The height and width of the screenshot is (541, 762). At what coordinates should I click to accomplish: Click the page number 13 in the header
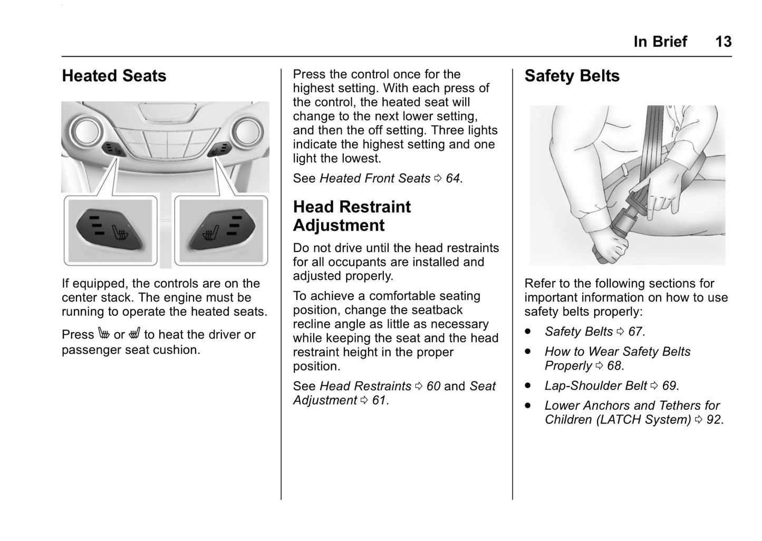(x=723, y=42)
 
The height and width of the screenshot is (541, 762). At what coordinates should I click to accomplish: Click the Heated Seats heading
(x=114, y=76)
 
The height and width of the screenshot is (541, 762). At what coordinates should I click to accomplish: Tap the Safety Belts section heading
(x=572, y=76)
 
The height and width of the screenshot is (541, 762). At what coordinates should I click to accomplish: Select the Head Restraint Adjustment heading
(x=352, y=216)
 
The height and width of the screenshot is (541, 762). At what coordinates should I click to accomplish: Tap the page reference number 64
(x=453, y=179)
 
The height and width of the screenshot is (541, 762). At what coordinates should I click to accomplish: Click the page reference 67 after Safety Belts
(x=635, y=332)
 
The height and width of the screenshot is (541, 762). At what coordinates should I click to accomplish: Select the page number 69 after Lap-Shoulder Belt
(x=669, y=386)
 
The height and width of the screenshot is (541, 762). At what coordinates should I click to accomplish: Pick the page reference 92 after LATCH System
(x=713, y=420)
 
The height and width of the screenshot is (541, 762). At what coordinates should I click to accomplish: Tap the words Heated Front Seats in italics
(x=375, y=179)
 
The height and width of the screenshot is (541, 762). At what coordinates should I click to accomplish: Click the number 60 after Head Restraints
(x=433, y=387)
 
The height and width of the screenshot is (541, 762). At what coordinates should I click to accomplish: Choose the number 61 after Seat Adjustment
(x=379, y=401)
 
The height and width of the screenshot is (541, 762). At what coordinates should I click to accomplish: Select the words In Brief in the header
(x=660, y=42)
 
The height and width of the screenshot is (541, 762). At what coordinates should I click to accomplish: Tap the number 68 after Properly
(x=614, y=366)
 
